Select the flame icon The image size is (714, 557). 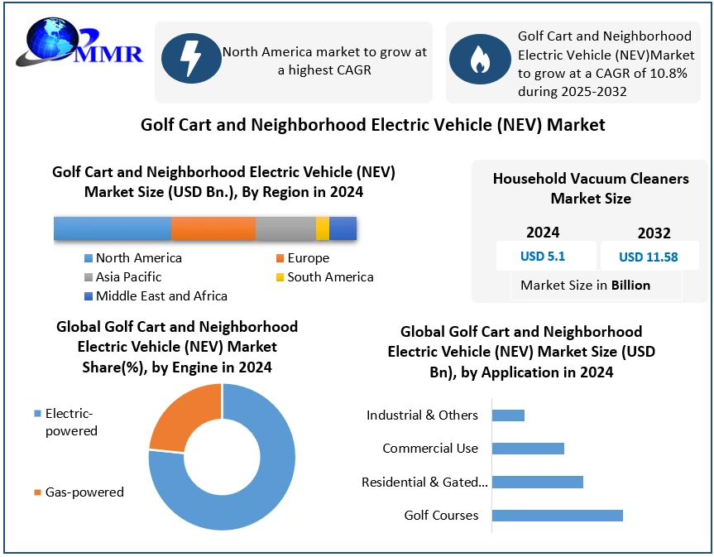479,60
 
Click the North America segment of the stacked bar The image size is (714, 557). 113,228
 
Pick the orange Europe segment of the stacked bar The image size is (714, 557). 213,228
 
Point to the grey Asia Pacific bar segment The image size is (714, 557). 285,228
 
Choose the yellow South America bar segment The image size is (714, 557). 323,228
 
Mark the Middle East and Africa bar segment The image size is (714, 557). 343,228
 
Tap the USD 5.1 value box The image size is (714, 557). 543,256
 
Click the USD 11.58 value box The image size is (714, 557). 648,257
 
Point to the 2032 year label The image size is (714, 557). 654,233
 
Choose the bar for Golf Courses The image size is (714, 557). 557,516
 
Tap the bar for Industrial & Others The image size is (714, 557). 508,415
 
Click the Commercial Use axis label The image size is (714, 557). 430,449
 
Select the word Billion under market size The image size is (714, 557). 630,285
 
